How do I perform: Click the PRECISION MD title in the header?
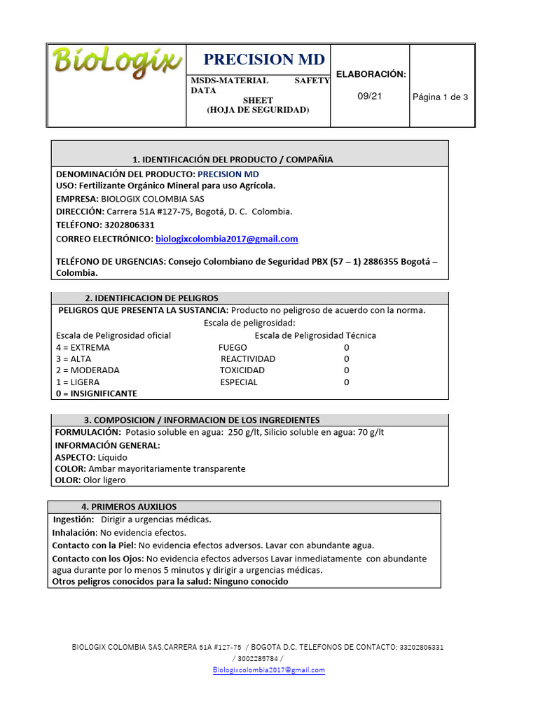[x=264, y=60]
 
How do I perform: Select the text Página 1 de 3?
[x=440, y=97]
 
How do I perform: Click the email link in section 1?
[x=226, y=239]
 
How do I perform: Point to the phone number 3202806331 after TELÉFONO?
[x=130, y=225]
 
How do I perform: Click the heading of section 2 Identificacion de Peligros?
[x=151, y=298]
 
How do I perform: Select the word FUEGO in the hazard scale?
[x=233, y=347]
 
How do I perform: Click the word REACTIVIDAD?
[x=248, y=358]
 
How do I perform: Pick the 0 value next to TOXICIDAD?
[x=346, y=370]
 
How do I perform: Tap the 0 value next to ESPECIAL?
[x=346, y=382]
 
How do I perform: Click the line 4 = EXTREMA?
[x=83, y=347]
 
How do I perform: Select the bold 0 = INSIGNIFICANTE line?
[x=97, y=394]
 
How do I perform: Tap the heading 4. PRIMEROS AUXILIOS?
[x=129, y=506]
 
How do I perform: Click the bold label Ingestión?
[x=74, y=520]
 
